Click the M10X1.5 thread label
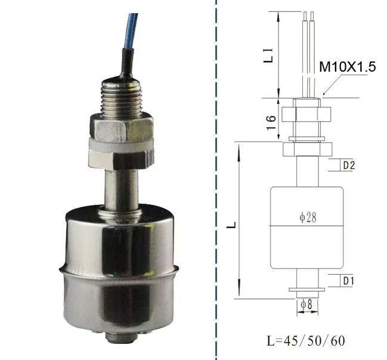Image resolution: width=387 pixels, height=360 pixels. click(347, 67)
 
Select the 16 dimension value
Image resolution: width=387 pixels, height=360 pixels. click(271, 122)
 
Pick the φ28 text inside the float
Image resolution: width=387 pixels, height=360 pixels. click(308, 219)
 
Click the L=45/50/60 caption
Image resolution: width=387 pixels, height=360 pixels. click(305, 341)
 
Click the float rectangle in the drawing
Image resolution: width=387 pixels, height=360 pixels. click(307, 239)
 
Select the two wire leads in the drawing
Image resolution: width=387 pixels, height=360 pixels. click(308, 54)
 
